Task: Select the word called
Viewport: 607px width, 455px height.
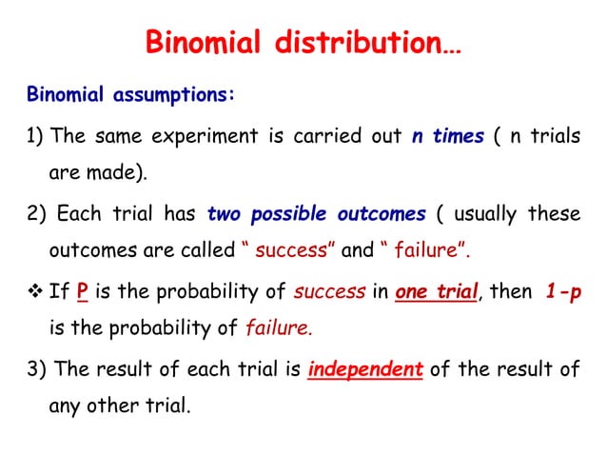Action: (x=208, y=251)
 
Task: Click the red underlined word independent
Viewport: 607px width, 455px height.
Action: (x=365, y=369)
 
